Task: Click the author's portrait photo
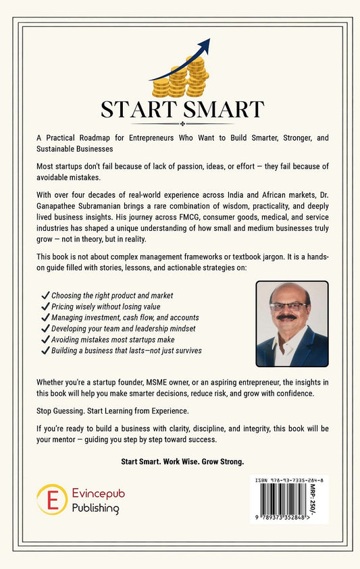(x=292, y=324)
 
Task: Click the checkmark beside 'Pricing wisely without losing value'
(x=45, y=306)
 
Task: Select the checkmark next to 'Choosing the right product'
(x=45, y=296)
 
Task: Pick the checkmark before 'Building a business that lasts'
(x=45, y=350)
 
